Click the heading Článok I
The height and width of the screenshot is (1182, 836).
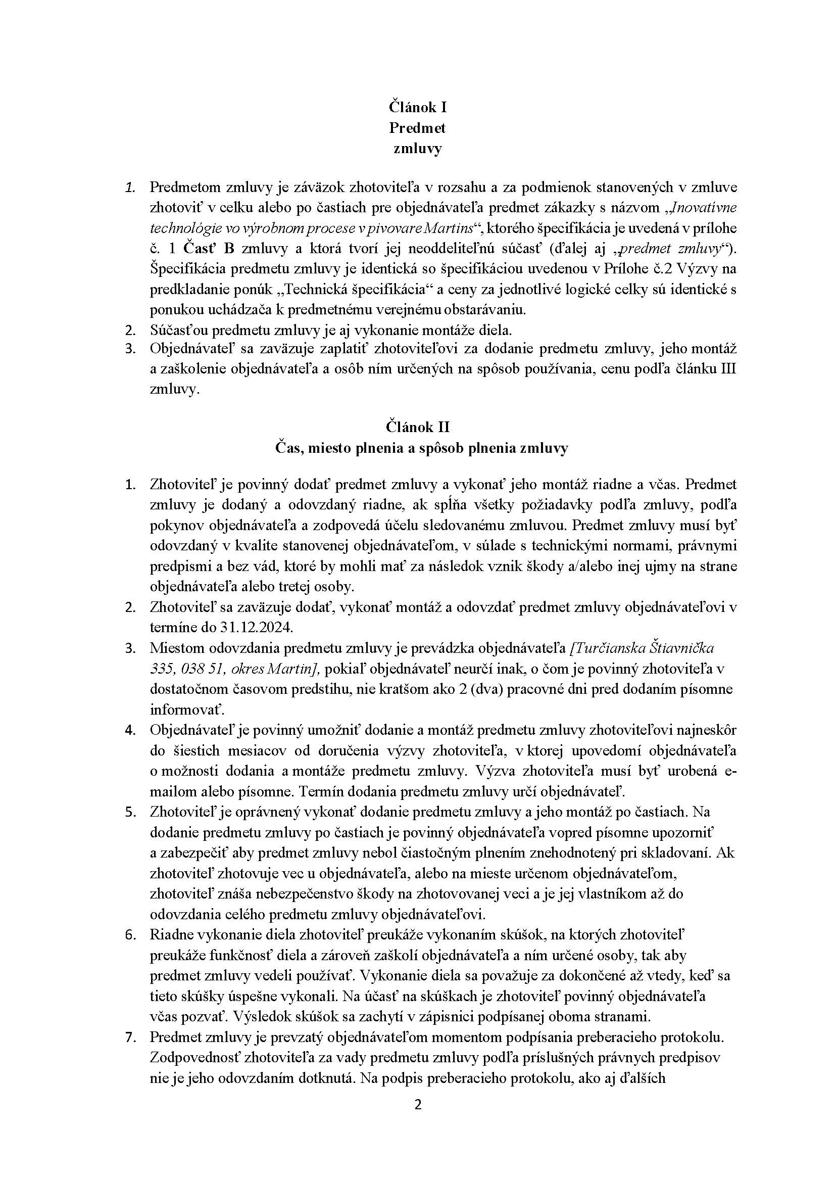(x=417, y=107)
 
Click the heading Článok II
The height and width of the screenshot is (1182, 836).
(x=417, y=427)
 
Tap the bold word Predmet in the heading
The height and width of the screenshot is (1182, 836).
(x=417, y=128)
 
